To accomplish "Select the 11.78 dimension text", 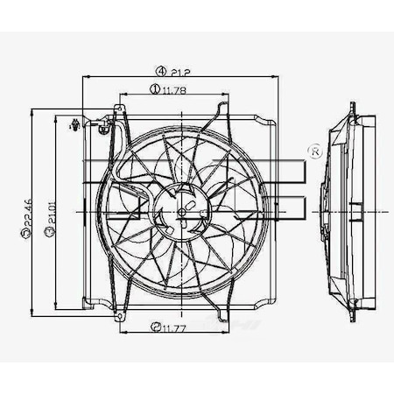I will pyautogui.click(x=178, y=88).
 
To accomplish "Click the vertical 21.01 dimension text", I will pyautogui.click(x=52, y=215).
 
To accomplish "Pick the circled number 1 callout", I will pyautogui.click(x=154, y=88).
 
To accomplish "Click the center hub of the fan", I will pyautogui.click(x=182, y=212).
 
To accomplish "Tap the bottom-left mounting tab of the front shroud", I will pyautogui.click(x=88, y=305).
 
